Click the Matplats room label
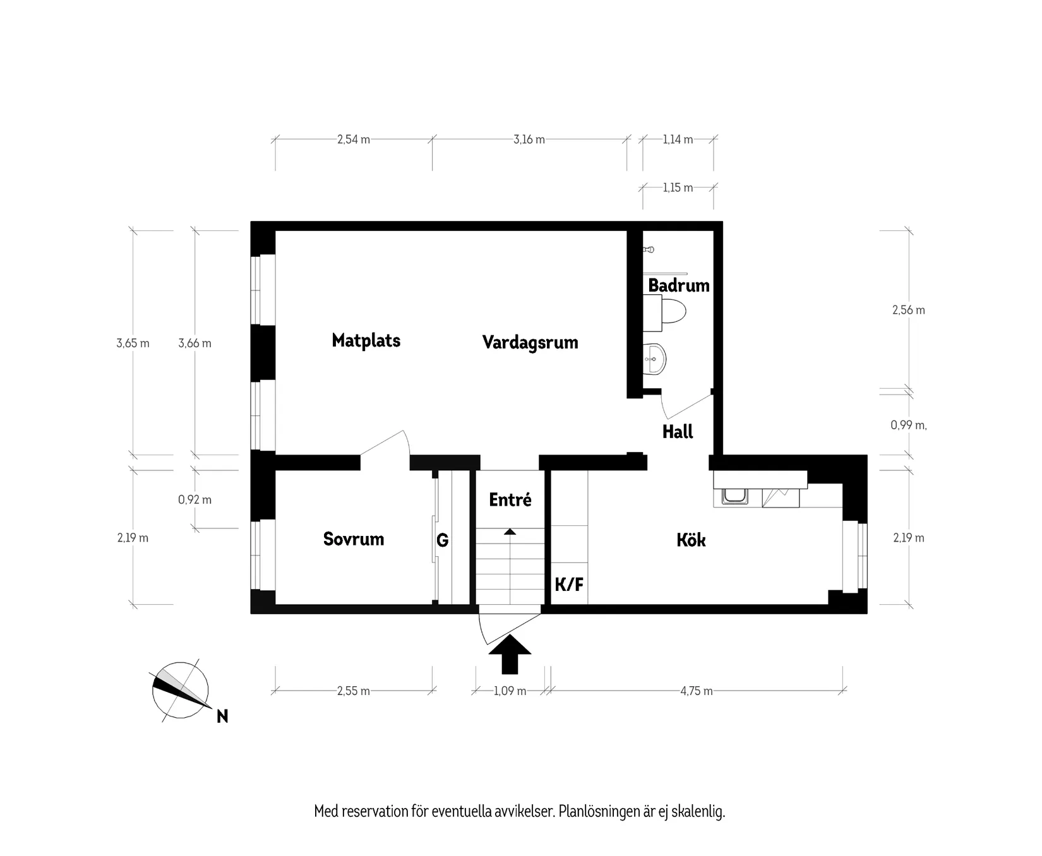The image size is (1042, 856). coord(366,341)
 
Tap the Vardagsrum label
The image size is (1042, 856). coord(530,343)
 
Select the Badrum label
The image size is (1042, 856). coord(678,285)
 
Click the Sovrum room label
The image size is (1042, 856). coord(353,539)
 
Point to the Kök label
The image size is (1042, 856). coord(691,540)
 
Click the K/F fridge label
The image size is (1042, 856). coord(568,585)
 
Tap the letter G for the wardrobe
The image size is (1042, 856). coord(442,540)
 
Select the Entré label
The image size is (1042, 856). coord(510,500)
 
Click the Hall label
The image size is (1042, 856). coord(677,432)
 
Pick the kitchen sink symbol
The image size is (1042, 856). coord(734,497)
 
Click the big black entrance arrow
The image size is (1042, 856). coord(510,655)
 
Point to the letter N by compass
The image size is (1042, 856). coord(222,716)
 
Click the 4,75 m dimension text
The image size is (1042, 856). coord(696,691)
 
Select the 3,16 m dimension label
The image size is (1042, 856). coord(529,140)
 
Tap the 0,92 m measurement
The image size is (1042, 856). coord(195,500)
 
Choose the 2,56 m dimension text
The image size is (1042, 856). coord(908,310)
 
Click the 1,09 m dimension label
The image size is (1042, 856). coord(510,691)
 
